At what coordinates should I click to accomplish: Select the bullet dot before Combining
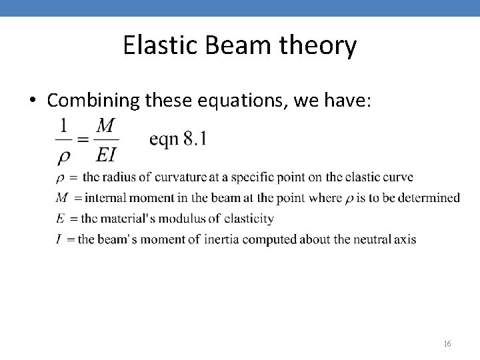tap(32, 101)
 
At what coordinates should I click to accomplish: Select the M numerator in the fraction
tap(105, 125)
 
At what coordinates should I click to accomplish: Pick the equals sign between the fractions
tap(83, 140)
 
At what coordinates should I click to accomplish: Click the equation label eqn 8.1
tap(177, 139)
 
